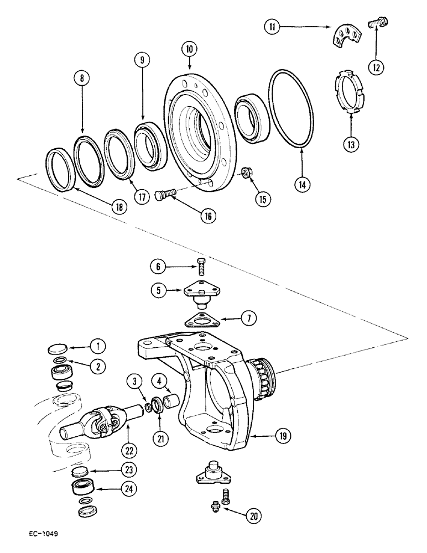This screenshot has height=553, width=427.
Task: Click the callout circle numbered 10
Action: pyautogui.click(x=190, y=50)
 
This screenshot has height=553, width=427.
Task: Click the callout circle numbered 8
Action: pyautogui.click(x=82, y=80)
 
